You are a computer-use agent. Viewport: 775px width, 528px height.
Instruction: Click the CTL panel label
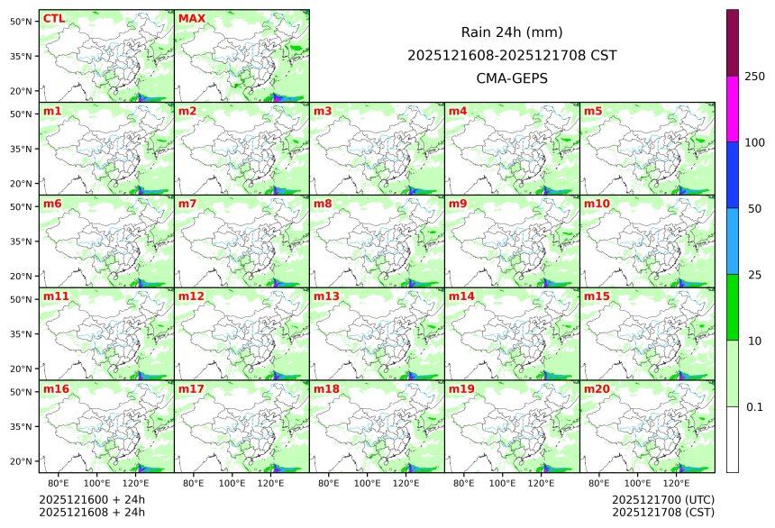click(54, 19)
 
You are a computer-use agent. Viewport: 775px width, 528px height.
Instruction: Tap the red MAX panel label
click(191, 19)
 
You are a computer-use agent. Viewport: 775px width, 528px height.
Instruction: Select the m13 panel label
click(326, 296)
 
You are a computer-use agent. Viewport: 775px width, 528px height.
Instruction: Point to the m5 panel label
click(594, 112)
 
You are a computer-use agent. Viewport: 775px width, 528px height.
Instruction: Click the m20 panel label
click(597, 389)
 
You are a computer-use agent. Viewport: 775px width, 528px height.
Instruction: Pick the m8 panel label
click(324, 204)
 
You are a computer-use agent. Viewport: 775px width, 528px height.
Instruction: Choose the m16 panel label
click(56, 389)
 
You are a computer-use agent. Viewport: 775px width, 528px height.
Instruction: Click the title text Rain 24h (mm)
click(512, 32)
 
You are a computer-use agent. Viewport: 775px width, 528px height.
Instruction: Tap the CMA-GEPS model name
click(512, 78)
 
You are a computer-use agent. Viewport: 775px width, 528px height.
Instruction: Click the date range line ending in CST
click(512, 55)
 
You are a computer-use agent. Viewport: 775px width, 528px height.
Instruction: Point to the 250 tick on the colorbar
click(755, 76)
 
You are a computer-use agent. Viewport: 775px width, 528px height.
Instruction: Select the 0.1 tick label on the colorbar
click(754, 406)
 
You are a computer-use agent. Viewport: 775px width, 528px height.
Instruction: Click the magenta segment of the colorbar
click(733, 108)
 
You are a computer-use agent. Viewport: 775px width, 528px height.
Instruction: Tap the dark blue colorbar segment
click(733, 174)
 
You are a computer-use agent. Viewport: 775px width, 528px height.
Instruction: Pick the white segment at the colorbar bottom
click(733, 439)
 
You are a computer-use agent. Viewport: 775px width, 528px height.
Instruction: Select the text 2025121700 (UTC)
click(662, 499)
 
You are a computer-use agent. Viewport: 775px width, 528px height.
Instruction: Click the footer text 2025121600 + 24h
click(92, 499)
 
